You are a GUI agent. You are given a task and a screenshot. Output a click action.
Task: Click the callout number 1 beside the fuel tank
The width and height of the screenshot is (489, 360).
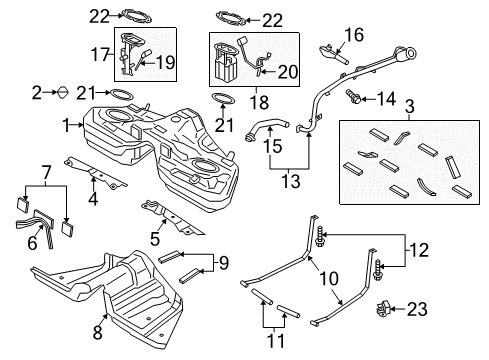(x=65, y=126)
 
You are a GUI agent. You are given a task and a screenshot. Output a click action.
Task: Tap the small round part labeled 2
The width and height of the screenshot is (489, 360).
(x=60, y=92)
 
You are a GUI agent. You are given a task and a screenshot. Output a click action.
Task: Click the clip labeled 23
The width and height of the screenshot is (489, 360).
(x=383, y=309)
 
